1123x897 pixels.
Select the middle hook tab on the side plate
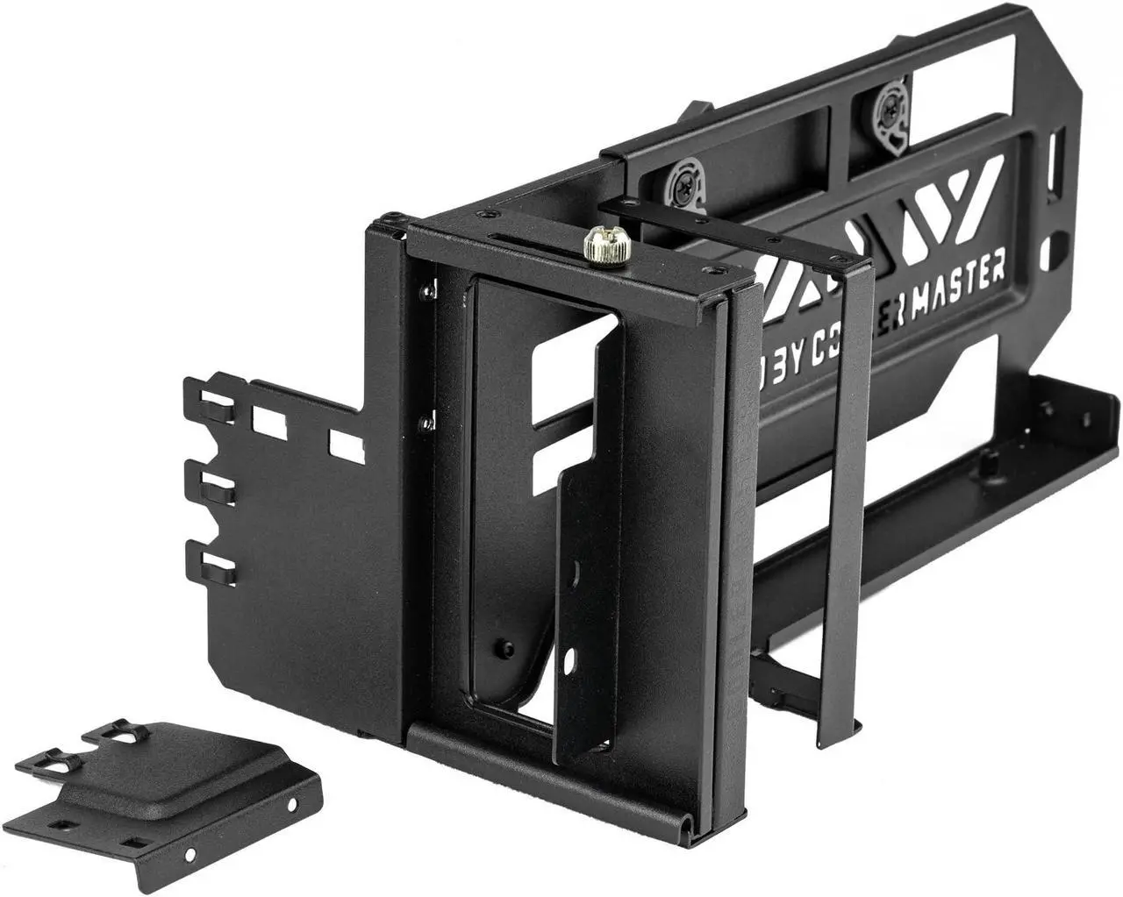[x=211, y=486]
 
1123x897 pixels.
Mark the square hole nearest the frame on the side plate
[x=339, y=441]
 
